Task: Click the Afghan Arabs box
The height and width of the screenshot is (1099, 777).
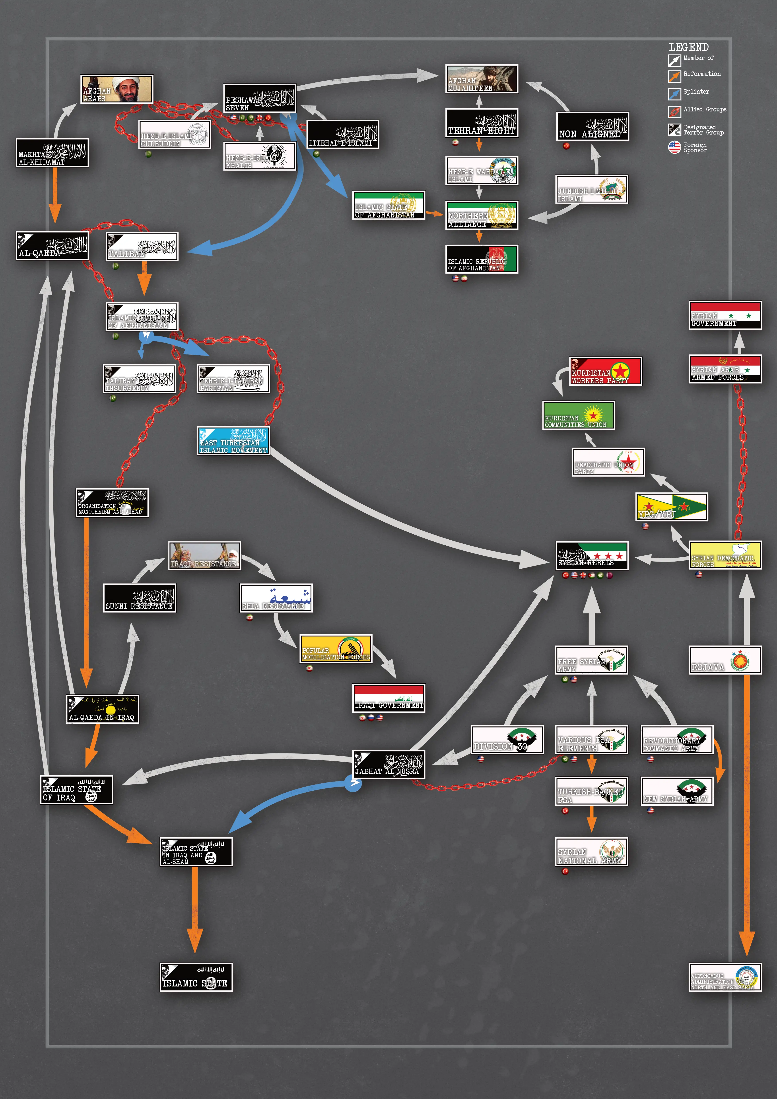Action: click(117, 89)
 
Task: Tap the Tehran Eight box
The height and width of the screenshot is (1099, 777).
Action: click(481, 123)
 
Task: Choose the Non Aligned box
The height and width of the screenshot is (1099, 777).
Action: click(592, 126)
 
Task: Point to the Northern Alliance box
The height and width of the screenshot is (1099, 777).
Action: click(481, 215)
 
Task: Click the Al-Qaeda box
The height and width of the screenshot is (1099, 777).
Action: click(52, 246)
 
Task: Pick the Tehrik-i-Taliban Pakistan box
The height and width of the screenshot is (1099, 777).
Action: click(233, 379)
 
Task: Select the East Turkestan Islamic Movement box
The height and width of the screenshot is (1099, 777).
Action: click(233, 440)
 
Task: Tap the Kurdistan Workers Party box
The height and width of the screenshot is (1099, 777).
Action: click(605, 371)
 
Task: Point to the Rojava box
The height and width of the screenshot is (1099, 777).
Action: click(725, 660)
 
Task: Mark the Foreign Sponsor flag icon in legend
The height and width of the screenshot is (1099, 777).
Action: click(674, 147)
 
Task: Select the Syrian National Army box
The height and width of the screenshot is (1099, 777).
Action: click(591, 852)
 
